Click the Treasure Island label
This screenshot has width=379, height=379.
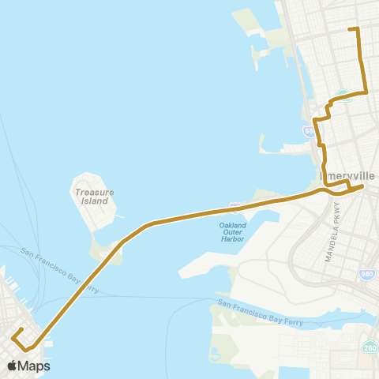(94, 196)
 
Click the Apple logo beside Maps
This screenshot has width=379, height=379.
(13, 366)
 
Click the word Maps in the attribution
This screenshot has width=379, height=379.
(35, 366)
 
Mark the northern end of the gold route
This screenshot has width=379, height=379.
(350, 29)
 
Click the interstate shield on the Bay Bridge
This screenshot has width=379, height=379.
(235, 207)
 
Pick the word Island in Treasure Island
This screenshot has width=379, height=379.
(94, 201)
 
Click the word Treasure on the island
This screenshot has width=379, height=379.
(94, 192)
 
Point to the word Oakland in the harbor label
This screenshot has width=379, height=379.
(229, 226)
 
